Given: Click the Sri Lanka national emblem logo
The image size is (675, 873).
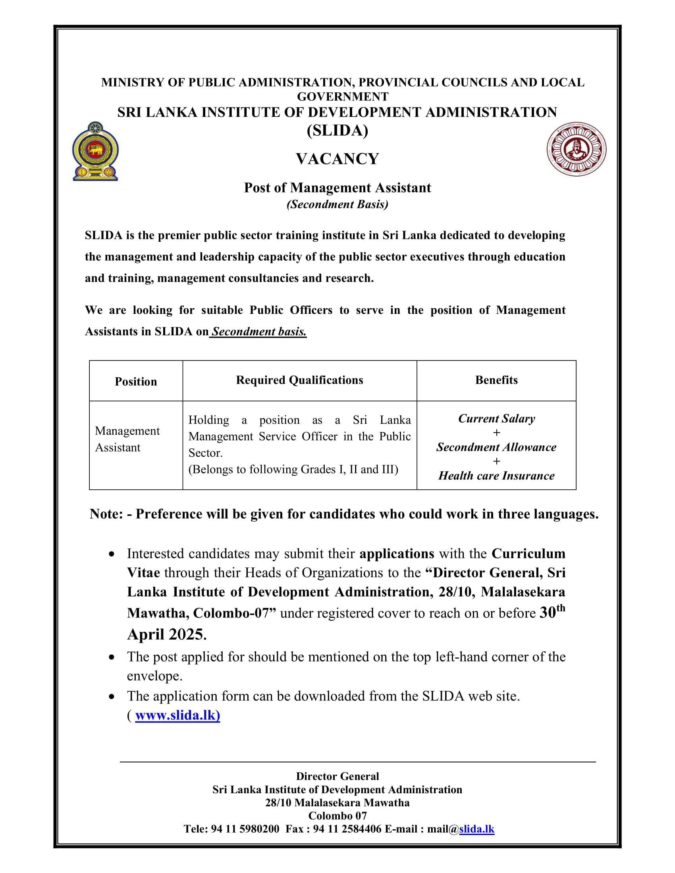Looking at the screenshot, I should [x=95, y=151].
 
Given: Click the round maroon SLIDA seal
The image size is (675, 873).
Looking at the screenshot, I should [x=576, y=149].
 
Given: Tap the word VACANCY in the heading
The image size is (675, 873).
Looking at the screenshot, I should [x=337, y=159].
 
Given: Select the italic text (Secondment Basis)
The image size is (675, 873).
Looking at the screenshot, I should [x=337, y=204].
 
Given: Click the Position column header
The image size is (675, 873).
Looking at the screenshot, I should [x=135, y=381].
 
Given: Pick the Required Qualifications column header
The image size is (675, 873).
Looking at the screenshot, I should [x=299, y=380].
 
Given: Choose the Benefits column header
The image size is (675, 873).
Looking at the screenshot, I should [x=496, y=380].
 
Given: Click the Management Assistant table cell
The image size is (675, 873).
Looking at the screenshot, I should [x=127, y=439].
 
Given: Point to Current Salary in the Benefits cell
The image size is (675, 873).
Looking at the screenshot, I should [x=496, y=419].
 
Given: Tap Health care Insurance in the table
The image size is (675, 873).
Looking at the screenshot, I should [x=496, y=476].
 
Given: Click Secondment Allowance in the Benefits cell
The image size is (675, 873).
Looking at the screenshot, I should [x=496, y=447].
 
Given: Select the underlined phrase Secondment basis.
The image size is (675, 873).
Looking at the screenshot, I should [x=259, y=332].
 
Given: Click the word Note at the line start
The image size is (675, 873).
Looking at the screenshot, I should [x=106, y=514].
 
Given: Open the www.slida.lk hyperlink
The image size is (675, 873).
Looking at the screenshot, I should [x=177, y=715].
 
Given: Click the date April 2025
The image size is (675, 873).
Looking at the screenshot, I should [x=166, y=635].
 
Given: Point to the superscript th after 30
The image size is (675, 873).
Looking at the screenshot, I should [x=561, y=608].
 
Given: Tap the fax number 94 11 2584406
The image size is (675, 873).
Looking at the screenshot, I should [x=347, y=829].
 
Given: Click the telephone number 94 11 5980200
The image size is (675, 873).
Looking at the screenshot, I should [x=245, y=829].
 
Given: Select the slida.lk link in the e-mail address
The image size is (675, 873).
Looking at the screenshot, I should [x=476, y=829].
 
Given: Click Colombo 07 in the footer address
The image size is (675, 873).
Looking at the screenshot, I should [x=337, y=815].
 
